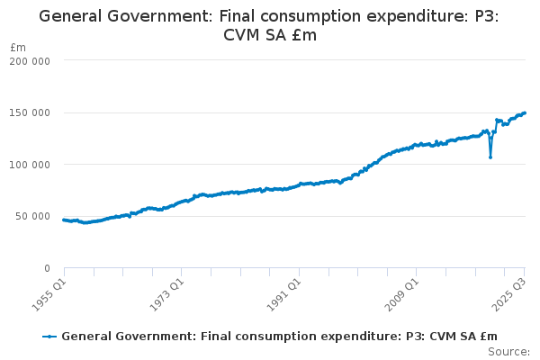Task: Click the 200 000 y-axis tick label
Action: point(30,60)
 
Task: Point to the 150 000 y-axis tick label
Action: point(30,112)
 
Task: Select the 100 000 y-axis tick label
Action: point(30,164)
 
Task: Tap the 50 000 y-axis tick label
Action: point(32,216)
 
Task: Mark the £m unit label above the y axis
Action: point(18,47)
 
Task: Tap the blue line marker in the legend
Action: point(49,336)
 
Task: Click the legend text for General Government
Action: point(279,336)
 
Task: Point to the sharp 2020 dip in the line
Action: point(490,157)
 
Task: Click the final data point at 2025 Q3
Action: point(525,112)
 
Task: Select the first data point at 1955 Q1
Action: point(63,220)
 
